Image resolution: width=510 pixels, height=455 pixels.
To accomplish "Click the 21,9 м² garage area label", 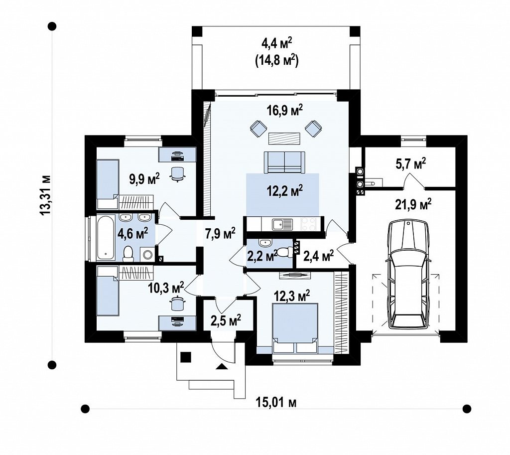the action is coord(413,205).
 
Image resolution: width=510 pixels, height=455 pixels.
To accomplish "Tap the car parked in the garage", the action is coord(407,275).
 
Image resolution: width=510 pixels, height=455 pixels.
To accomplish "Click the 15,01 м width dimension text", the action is coord(276,403).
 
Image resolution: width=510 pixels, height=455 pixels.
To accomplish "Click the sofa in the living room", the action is coord(284,162).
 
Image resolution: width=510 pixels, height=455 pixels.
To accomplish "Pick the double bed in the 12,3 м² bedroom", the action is coord(295,328).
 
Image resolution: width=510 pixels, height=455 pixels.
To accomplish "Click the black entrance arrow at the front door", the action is coord(222,366).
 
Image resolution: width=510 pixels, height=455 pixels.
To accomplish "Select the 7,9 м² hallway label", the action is coord(220,233).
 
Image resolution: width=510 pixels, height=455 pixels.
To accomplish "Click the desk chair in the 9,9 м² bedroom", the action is coord(178,173).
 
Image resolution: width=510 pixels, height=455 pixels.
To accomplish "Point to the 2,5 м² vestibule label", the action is coord(226,320).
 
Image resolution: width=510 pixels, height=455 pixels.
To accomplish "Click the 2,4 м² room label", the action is coord(318,256).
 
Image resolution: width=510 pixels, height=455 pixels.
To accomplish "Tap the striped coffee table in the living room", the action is coord(284,139).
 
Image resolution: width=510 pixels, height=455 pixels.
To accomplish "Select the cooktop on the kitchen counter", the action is coord(309,224).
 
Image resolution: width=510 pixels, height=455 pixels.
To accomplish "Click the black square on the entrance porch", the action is coord(186,357).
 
